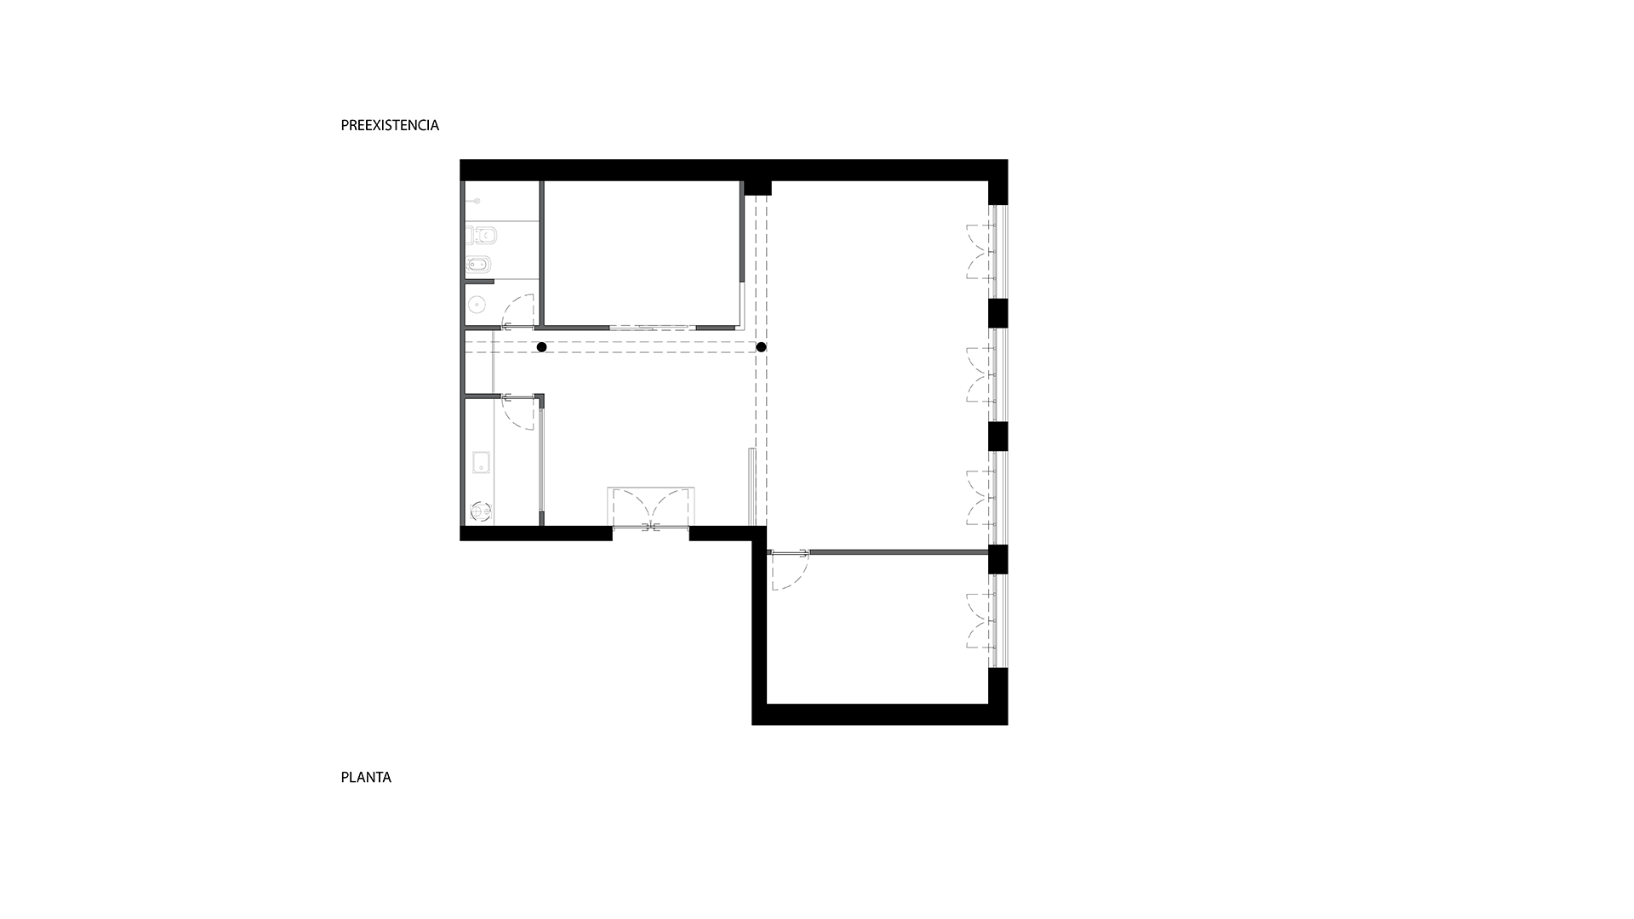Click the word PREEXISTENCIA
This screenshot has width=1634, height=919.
[x=390, y=125]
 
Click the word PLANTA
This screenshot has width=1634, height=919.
[x=366, y=777]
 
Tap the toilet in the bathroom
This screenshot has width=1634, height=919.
[x=482, y=235]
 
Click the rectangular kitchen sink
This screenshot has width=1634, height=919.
[x=481, y=463]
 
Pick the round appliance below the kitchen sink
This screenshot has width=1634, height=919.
[x=481, y=511]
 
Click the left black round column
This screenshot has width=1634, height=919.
[x=541, y=347]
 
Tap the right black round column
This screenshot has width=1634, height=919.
[x=761, y=347]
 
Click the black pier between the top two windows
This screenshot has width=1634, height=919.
[x=997, y=313]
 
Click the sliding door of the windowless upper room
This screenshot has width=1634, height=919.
[x=653, y=327]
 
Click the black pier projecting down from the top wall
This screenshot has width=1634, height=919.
[x=757, y=188]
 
